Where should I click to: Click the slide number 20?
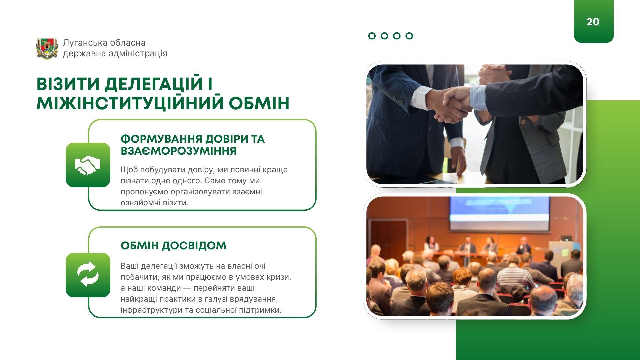click(593, 22)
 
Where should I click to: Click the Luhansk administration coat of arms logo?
click(47, 49)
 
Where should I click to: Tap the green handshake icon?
click(88, 165)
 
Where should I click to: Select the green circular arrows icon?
click(88, 275)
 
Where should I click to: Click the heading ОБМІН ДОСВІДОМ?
click(173, 246)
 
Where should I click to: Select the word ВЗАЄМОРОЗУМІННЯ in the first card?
click(179, 151)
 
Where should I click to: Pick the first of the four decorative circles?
click(372, 36)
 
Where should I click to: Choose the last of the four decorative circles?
click(409, 36)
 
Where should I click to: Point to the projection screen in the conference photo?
click(499, 214)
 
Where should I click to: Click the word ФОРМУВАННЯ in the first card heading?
click(161, 139)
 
